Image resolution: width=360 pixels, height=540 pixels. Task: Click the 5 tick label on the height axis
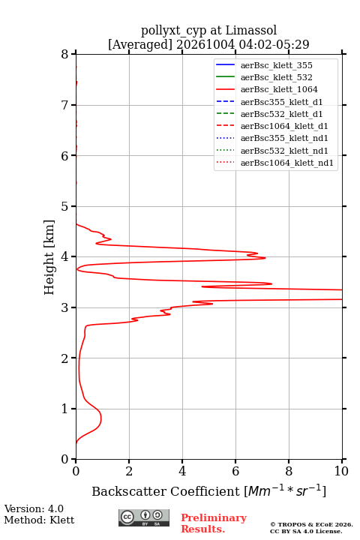(x=65, y=207)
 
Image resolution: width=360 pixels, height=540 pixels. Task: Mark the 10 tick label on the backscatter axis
(x=341, y=471)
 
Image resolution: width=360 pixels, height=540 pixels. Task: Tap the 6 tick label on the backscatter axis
(x=235, y=471)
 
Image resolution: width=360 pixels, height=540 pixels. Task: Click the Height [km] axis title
(x=49, y=257)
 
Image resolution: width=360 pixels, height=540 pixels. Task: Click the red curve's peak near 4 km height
(x=265, y=257)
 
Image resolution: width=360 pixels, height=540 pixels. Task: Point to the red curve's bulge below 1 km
(x=101, y=418)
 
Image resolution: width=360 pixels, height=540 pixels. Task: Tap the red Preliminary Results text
(x=214, y=523)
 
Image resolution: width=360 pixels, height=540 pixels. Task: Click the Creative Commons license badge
(x=144, y=517)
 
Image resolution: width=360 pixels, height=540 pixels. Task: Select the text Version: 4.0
(x=34, y=508)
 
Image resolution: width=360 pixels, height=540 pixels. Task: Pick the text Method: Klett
(x=39, y=520)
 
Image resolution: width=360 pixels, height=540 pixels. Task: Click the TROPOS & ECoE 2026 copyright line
(x=311, y=524)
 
